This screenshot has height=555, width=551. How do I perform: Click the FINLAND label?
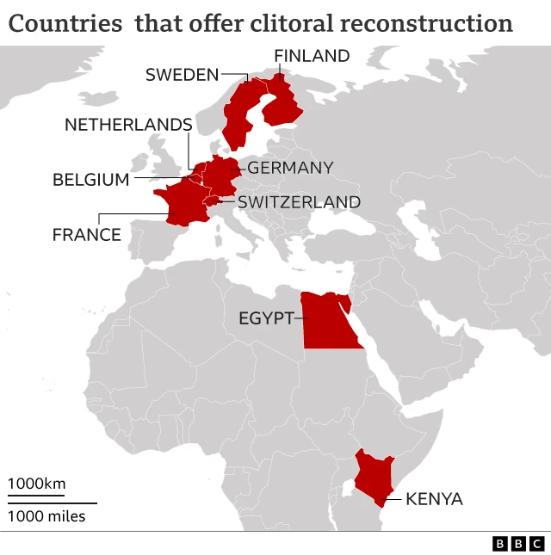coord(312,57)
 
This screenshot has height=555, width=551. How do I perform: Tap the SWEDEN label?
coord(183,75)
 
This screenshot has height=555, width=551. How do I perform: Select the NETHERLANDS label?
coord(127,126)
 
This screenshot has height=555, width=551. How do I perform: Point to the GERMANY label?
coord(290,168)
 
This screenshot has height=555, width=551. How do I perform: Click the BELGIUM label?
coord(90,180)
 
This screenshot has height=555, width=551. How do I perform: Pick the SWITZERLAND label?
coord(299,202)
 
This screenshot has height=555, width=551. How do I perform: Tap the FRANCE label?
coord(87,234)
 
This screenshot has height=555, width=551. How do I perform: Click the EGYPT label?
coord(266,318)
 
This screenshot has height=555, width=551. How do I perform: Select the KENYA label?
coord(434,499)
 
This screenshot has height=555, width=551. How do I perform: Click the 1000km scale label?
coord(36,484)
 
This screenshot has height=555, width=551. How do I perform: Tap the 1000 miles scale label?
coord(47,516)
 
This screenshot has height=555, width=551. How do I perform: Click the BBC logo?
coord(518,544)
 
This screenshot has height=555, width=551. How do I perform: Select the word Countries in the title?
coord(65,23)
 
